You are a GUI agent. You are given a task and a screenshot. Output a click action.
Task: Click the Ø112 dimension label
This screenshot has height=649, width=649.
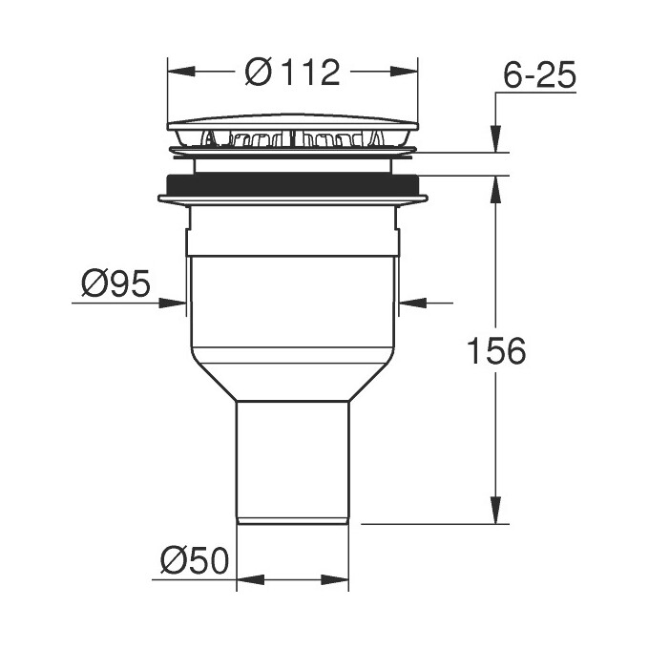pos(292,73)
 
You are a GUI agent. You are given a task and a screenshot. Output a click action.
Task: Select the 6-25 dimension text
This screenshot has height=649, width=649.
pos(540,75)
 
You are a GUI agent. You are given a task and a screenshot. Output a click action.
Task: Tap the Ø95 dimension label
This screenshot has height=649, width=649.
pos(115,284)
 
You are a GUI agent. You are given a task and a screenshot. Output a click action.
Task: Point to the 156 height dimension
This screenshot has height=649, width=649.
pos(495,350)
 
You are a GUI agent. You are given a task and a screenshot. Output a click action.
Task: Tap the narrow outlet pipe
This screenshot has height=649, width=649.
pos(292,458)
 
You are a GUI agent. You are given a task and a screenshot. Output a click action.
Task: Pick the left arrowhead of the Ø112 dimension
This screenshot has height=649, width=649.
pos(178,72)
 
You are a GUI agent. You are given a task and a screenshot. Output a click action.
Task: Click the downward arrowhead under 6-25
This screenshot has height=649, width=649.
pos(495,140)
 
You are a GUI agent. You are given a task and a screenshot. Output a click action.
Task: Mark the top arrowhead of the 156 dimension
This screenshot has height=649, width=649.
pos(495,187)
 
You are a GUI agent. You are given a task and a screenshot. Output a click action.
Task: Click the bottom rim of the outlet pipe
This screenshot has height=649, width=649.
pos(292,521)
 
